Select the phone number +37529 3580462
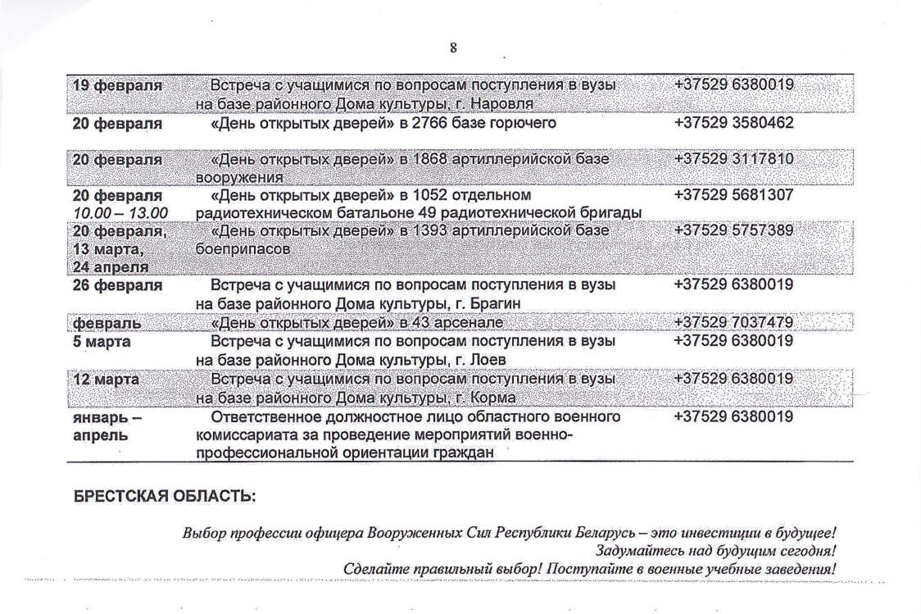point(733,124)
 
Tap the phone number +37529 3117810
point(733,159)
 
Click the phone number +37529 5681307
point(733,196)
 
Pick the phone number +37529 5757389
point(733,231)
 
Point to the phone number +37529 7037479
point(733,322)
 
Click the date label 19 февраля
point(117,85)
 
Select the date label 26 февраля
point(117,286)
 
